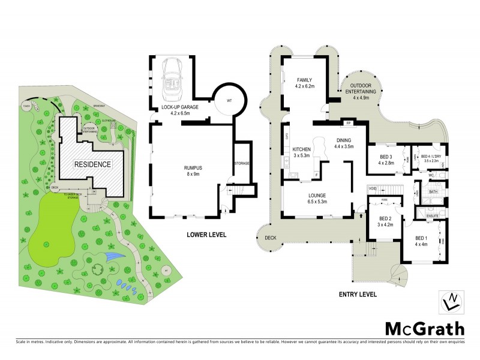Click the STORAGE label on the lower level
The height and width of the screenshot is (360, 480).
tap(241, 164)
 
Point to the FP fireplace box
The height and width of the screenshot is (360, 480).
tap(347, 124)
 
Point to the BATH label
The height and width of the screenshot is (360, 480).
tap(433, 192)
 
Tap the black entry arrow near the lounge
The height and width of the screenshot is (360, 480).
tap(361, 211)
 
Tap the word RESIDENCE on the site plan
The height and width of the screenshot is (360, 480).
tap(92, 164)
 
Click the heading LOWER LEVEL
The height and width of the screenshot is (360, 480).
tap(206, 235)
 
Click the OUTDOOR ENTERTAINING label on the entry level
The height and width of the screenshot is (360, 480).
tap(364, 90)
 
